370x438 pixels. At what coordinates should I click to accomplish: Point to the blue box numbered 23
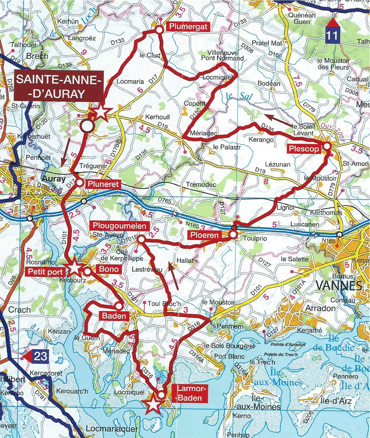40,357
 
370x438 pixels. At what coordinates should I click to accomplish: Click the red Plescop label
304,149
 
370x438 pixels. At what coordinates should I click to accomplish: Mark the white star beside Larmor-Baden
153,405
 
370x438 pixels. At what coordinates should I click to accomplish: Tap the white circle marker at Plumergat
159,30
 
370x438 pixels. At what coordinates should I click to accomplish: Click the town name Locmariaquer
110,429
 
